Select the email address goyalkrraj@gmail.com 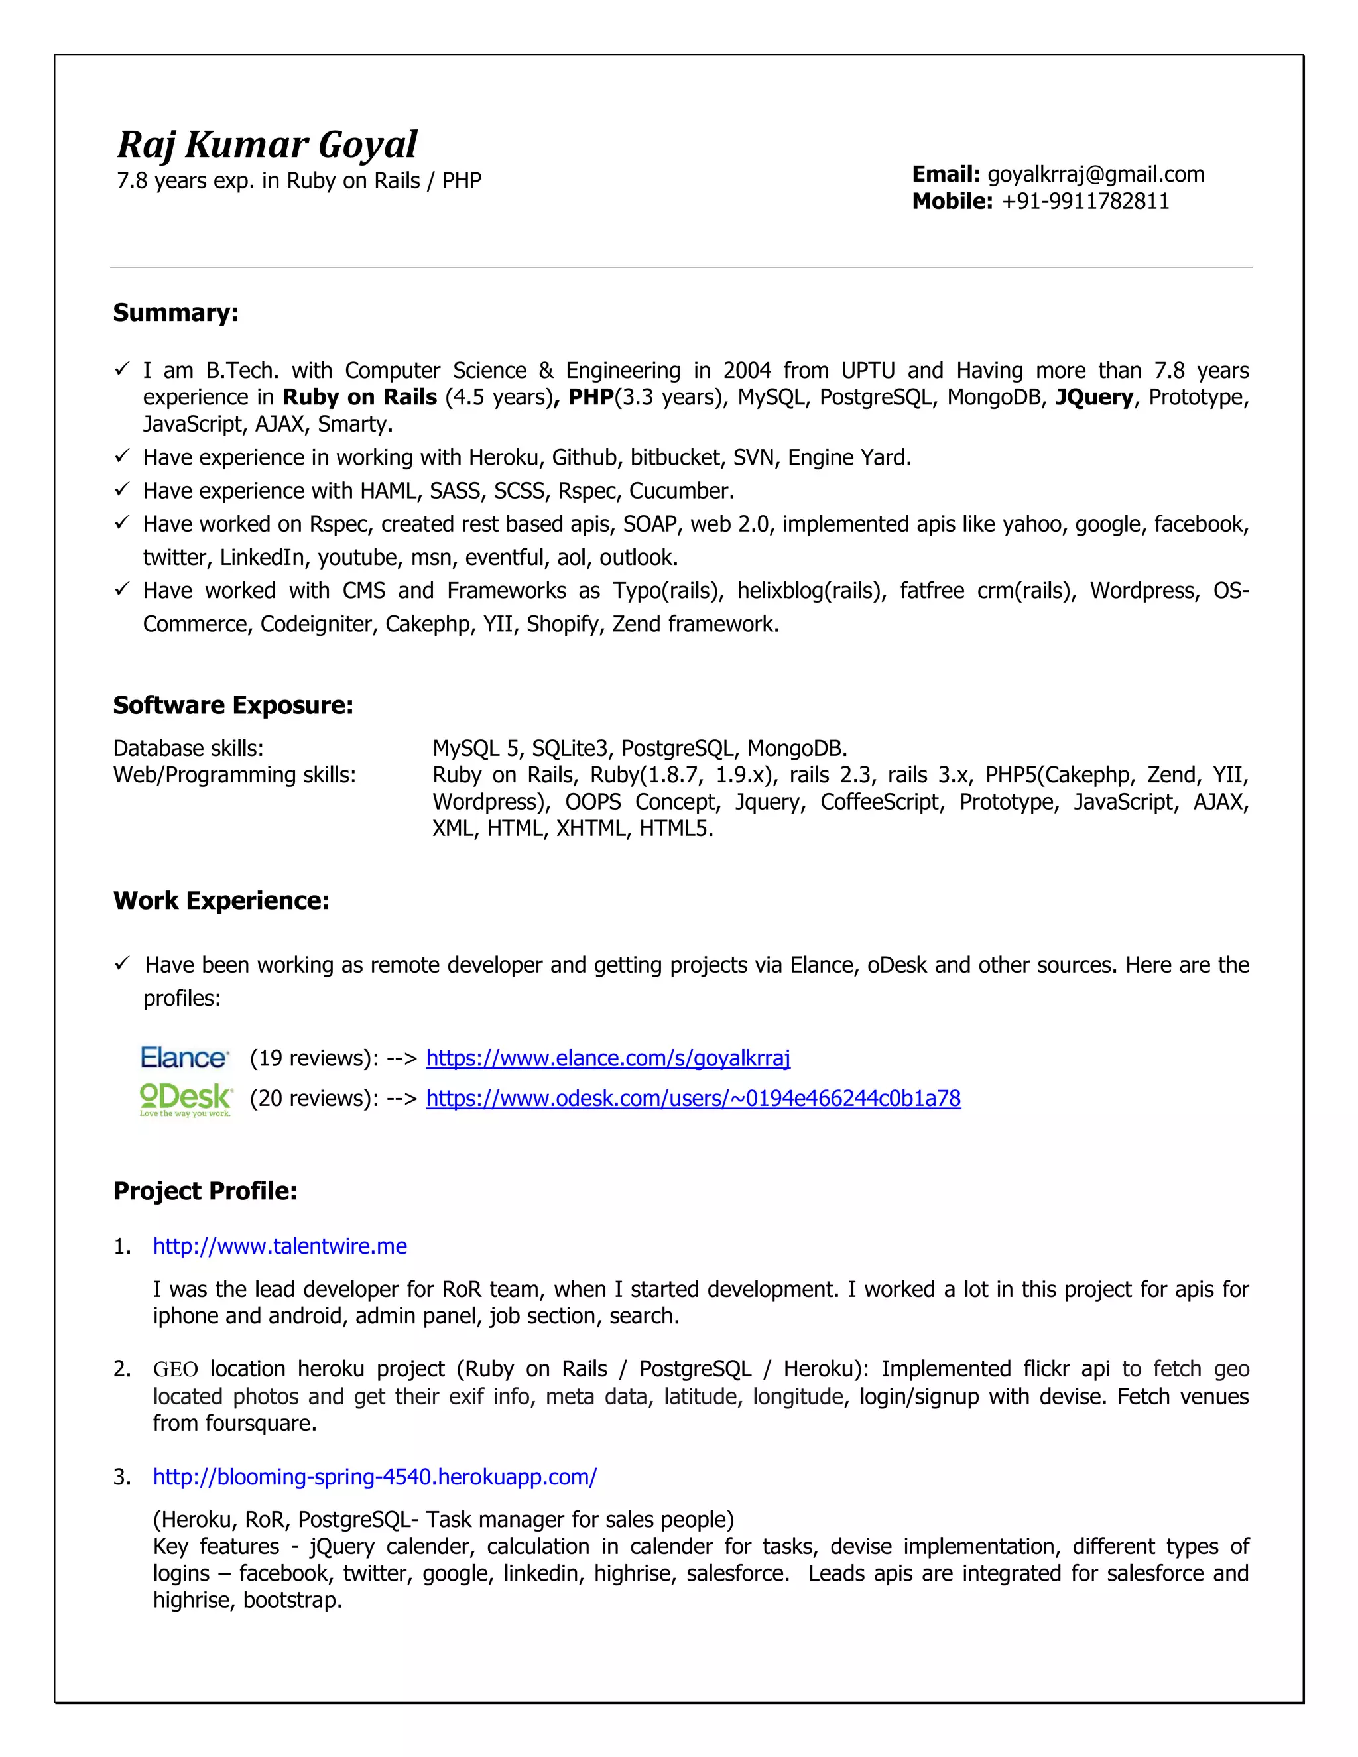(x=1095, y=174)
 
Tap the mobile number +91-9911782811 (x=1084, y=201)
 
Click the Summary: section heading (x=175, y=312)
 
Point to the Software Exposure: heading (x=233, y=705)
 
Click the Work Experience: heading (x=221, y=900)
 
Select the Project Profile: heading (x=205, y=1191)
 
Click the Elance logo (x=184, y=1057)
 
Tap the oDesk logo (x=186, y=1099)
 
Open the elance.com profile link (x=608, y=1058)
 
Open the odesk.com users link (x=693, y=1098)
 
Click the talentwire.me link (x=280, y=1246)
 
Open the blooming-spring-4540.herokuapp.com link (x=375, y=1477)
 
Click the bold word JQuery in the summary (x=1093, y=397)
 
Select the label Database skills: (x=188, y=748)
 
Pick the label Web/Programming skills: (x=234, y=774)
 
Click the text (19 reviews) (x=310, y=1058)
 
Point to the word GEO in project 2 (x=175, y=1369)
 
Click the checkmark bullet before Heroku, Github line (x=121, y=456)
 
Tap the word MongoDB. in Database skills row (x=796, y=748)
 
